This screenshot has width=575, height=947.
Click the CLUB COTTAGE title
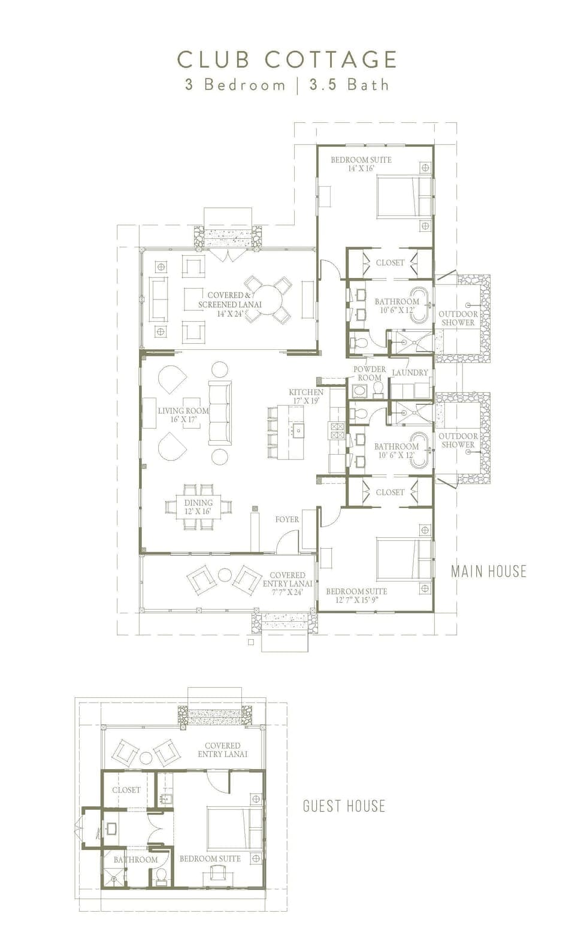[287, 60]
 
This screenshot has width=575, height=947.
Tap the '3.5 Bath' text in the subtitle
[349, 85]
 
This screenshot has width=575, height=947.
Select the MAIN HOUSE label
[489, 571]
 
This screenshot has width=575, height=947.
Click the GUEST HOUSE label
[344, 806]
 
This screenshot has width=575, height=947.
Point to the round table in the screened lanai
[268, 298]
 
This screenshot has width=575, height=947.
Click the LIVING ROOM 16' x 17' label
[183, 415]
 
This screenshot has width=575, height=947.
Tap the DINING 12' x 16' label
[198, 507]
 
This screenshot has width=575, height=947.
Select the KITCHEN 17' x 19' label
[306, 396]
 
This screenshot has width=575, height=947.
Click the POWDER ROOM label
[369, 373]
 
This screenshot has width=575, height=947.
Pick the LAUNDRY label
[410, 373]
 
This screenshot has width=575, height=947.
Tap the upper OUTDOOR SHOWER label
[458, 318]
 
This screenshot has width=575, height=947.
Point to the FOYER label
[287, 519]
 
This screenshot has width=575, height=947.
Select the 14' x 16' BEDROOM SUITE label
[361, 164]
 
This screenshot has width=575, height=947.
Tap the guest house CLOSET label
[126, 790]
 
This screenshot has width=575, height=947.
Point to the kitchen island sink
[298, 430]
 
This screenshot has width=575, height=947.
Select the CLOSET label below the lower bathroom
[390, 492]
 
